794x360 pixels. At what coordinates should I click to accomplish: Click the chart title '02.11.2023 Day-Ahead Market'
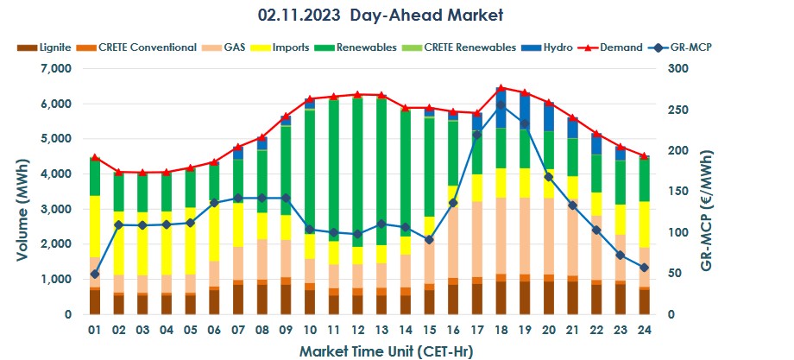380,15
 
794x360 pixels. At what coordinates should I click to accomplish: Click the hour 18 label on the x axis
501,329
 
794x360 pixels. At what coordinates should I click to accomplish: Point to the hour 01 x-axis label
95,329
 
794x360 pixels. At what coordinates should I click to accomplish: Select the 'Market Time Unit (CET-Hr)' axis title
386,351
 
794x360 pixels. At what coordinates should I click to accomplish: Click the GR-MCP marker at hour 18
501,105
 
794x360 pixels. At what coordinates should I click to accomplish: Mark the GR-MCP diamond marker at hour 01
95,275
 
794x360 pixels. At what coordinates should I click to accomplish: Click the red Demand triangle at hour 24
644,156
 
